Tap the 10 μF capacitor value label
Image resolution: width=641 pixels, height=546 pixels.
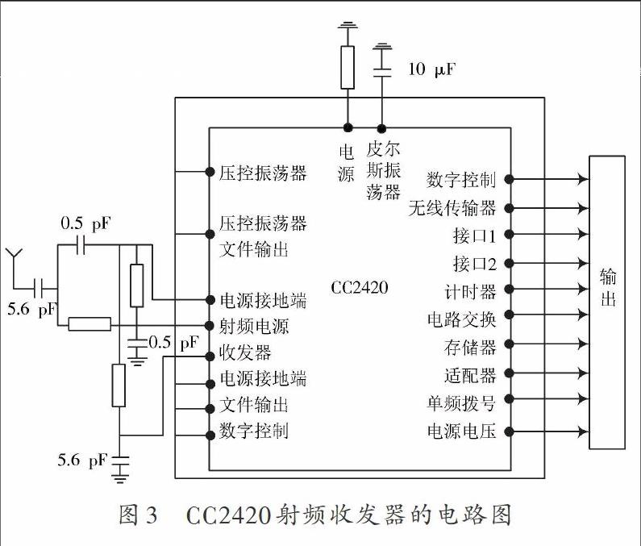coord(431,69)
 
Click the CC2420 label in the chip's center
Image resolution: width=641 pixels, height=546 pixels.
coord(360,288)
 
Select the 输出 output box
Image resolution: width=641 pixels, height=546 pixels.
coord(607,302)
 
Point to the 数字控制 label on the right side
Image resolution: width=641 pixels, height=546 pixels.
coord(461,180)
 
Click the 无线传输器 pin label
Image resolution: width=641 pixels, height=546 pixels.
coord(452,208)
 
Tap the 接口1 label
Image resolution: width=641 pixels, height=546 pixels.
coord(475,235)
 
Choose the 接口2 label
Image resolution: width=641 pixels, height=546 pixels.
coord(475,264)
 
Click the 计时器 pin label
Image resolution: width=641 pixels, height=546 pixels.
coord(470,292)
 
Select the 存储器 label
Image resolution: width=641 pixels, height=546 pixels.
coord(470,347)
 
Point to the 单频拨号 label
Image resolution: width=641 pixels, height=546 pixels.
coord(461,403)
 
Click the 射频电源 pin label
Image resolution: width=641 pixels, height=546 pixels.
coord(254,326)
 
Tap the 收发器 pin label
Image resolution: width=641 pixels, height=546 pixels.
coord(245,352)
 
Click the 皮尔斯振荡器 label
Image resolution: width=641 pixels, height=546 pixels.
coord(383,170)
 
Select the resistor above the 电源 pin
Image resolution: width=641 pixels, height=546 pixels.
coord(348,68)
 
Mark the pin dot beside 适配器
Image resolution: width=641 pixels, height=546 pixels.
coord(509,373)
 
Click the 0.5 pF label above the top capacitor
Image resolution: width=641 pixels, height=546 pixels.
coord(85,223)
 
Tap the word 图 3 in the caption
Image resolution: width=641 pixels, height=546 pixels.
coord(138,515)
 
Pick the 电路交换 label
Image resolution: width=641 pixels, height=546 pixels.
coord(461,319)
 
